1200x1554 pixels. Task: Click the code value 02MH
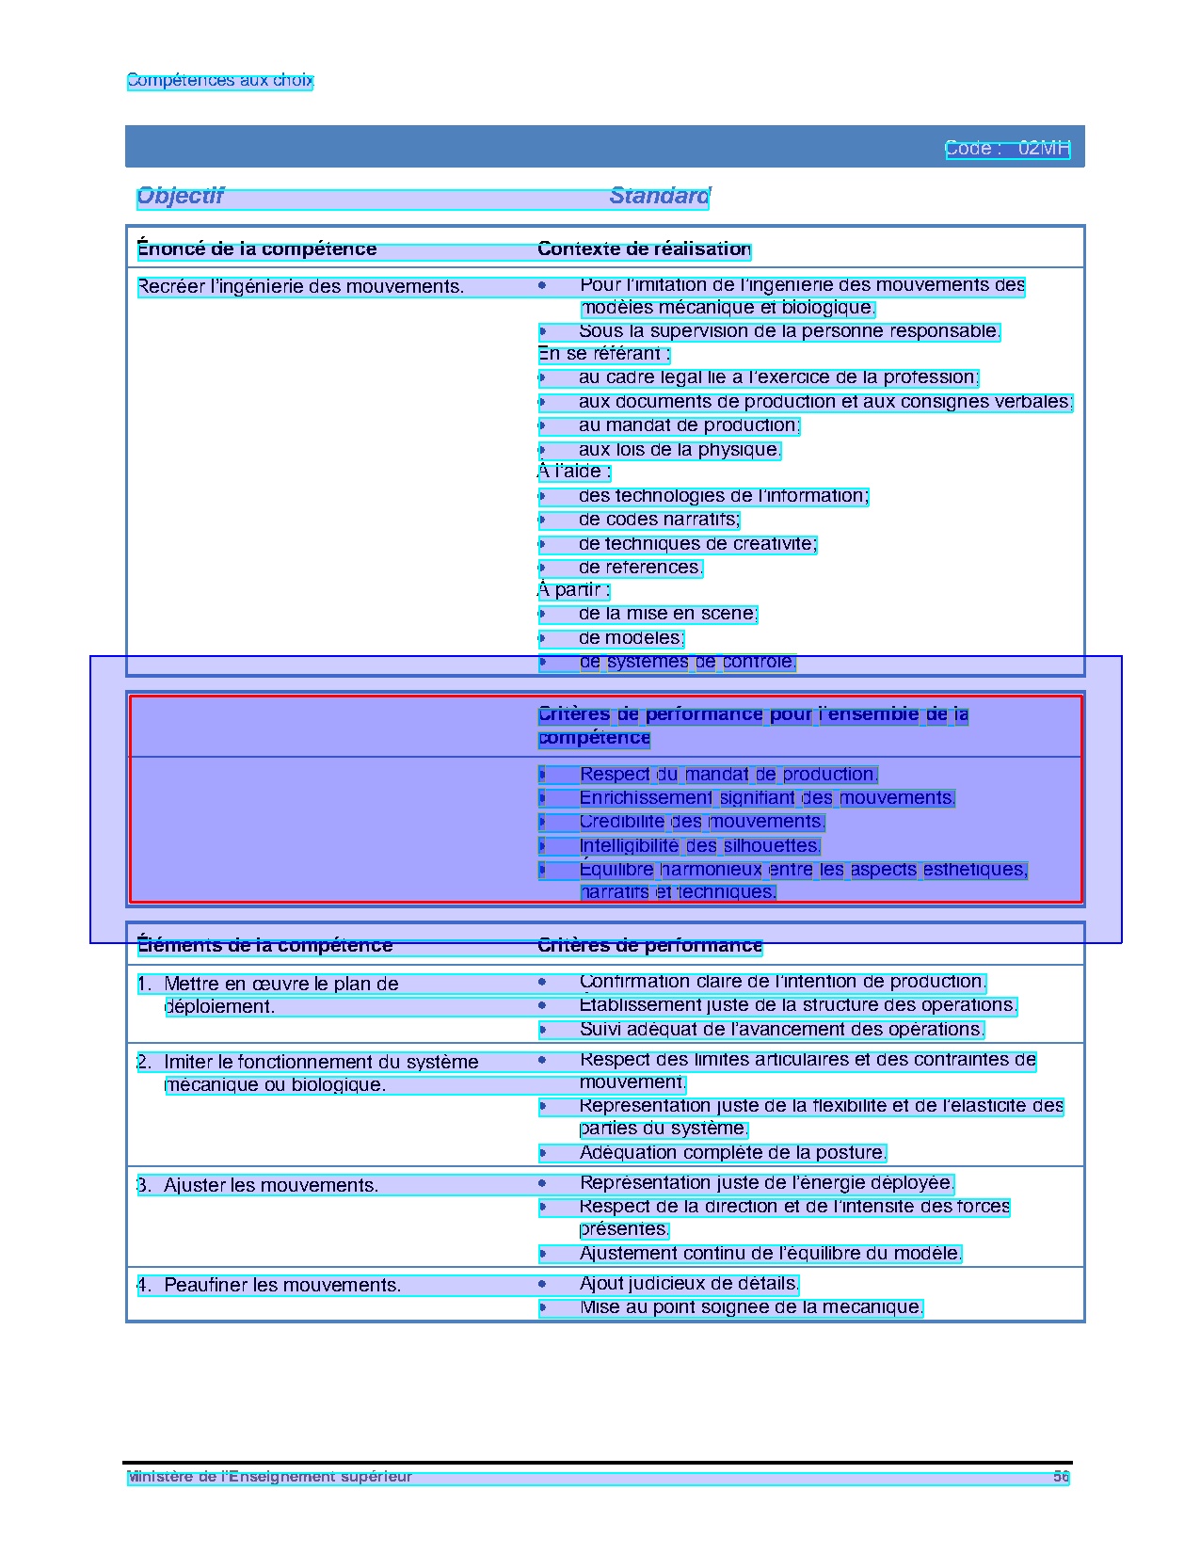1044,149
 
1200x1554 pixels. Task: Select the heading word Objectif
181,196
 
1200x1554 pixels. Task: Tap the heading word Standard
660,196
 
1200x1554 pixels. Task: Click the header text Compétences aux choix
219,81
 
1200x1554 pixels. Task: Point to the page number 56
1061,1477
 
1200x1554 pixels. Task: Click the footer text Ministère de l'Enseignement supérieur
270,1477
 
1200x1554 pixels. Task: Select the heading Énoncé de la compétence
257,249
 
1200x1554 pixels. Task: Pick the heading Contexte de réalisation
644,249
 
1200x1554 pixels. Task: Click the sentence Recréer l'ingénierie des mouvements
300,287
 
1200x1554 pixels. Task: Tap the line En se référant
603,354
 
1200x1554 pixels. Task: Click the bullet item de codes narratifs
659,520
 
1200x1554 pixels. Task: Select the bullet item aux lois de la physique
680,450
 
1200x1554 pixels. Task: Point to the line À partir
573,590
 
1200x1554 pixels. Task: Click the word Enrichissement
646,798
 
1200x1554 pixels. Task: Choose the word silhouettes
772,846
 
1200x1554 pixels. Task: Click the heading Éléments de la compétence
264,945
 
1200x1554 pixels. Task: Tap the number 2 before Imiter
143,1062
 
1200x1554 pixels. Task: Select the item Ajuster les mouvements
271,1185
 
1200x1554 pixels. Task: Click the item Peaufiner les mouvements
282,1285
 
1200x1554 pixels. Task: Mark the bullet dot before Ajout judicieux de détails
542,1283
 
